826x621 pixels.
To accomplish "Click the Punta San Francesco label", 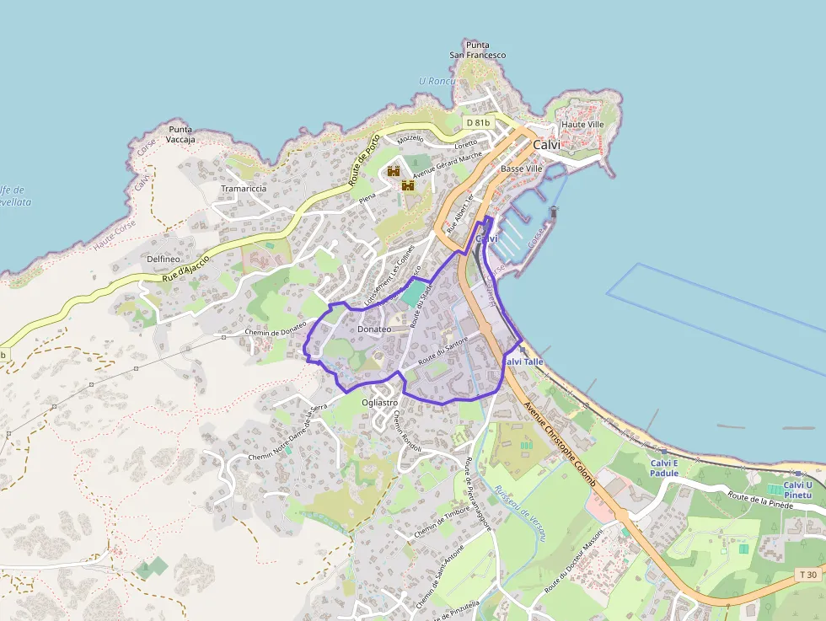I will (x=478, y=50).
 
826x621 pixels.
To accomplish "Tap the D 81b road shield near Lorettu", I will (x=478, y=122).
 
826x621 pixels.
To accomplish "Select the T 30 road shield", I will (x=807, y=575).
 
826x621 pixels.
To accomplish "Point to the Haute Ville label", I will (x=582, y=125).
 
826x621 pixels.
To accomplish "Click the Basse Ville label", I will (x=522, y=169).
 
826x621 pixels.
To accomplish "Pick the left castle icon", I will (x=393, y=171).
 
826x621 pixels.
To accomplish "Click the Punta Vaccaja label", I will (x=181, y=134).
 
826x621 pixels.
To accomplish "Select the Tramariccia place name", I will (x=244, y=189).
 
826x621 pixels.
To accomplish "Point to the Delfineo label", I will (x=164, y=259).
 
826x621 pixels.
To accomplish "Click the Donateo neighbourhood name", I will (x=374, y=329).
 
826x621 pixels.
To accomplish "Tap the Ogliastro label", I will (x=379, y=403).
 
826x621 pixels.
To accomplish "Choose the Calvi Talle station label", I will (x=523, y=361).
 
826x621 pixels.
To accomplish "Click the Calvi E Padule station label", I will (x=664, y=468).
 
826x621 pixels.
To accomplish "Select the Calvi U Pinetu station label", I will (x=797, y=490).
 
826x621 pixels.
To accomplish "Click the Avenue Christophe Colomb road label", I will (x=560, y=444).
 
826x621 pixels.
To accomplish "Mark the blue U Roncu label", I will (x=437, y=81).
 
